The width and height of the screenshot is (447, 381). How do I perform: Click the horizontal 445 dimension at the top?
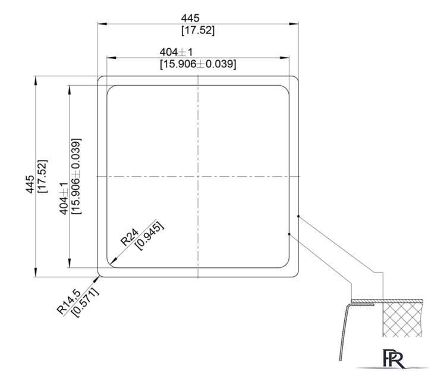coord(190,18)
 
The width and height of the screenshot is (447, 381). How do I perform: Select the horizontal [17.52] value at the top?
coord(198,30)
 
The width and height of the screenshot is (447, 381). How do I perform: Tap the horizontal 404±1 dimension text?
coord(176,52)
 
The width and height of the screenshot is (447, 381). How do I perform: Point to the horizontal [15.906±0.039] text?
coord(198,64)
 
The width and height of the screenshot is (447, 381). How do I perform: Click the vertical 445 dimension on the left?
coord(30,184)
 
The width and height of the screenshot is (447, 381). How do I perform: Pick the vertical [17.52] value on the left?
coord(42,176)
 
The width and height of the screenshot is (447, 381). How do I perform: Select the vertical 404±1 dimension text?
coord(64,198)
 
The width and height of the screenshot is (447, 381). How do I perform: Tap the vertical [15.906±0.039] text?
coord(76,176)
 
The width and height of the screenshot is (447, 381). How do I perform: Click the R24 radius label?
coord(130,237)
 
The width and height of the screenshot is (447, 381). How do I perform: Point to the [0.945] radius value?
coord(150,236)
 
